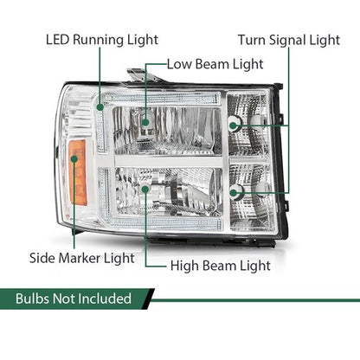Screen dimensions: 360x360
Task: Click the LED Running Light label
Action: [x=102, y=40]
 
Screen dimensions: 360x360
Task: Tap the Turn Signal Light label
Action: [x=289, y=40]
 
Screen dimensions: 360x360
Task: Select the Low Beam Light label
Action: [x=215, y=64]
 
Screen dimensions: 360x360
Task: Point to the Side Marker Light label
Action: [x=82, y=258]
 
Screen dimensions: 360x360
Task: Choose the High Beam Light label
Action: [x=221, y=266]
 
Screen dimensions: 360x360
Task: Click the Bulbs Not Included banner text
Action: [x=74, y=299]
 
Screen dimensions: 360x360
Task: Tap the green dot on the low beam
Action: [x=145, y=122]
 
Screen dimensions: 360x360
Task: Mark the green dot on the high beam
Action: [x=145, y=190]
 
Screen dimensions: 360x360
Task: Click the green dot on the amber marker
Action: [x=74, y=159]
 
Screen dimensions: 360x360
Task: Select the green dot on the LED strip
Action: [x=100, y=107]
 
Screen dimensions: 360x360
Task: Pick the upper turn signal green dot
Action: [x=233, y=125]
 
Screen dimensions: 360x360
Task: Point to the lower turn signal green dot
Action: [x=233, y=192]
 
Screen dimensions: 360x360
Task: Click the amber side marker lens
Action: [x=78, y=172]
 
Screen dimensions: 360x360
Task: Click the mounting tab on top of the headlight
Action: [x=142, y=75]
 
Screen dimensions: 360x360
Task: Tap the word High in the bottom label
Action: [x=184, y=266]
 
